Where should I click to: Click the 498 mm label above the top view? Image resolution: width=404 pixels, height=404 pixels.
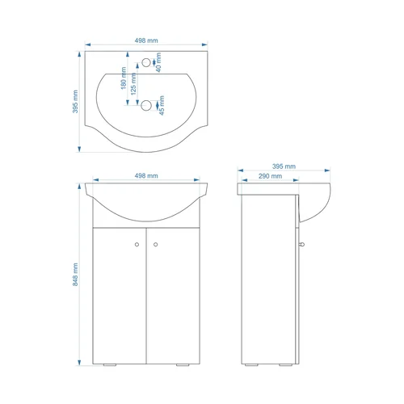click(146, 40)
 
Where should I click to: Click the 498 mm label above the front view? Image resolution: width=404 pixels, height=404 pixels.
click(146, 176)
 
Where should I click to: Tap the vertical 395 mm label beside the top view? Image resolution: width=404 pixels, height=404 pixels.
click(75, 102)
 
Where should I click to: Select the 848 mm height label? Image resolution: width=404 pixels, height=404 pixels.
click(75, 275)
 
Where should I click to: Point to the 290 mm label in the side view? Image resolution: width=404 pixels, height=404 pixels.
click(270, 176)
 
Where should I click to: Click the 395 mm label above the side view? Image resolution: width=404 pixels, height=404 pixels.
click(284, 166)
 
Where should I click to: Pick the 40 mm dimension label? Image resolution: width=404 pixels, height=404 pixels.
click(158, 62)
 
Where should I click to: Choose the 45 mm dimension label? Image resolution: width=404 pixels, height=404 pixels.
click(162, 105)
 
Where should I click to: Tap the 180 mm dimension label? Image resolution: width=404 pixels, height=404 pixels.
click(124, 78)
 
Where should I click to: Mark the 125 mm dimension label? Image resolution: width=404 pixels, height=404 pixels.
click(133, 84)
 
